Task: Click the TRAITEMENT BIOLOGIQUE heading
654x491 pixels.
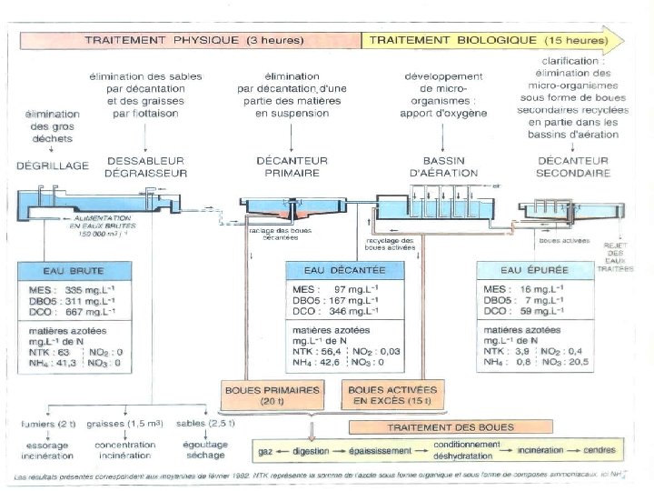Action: [489, 40]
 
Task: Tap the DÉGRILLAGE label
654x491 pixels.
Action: [53, 166]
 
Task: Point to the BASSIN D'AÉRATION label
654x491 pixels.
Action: [443, 166]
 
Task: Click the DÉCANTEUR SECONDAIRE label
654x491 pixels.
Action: [572, 166]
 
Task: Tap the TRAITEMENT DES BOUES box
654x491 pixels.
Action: [461, 426]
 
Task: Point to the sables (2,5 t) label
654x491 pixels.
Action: [206, 424]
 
